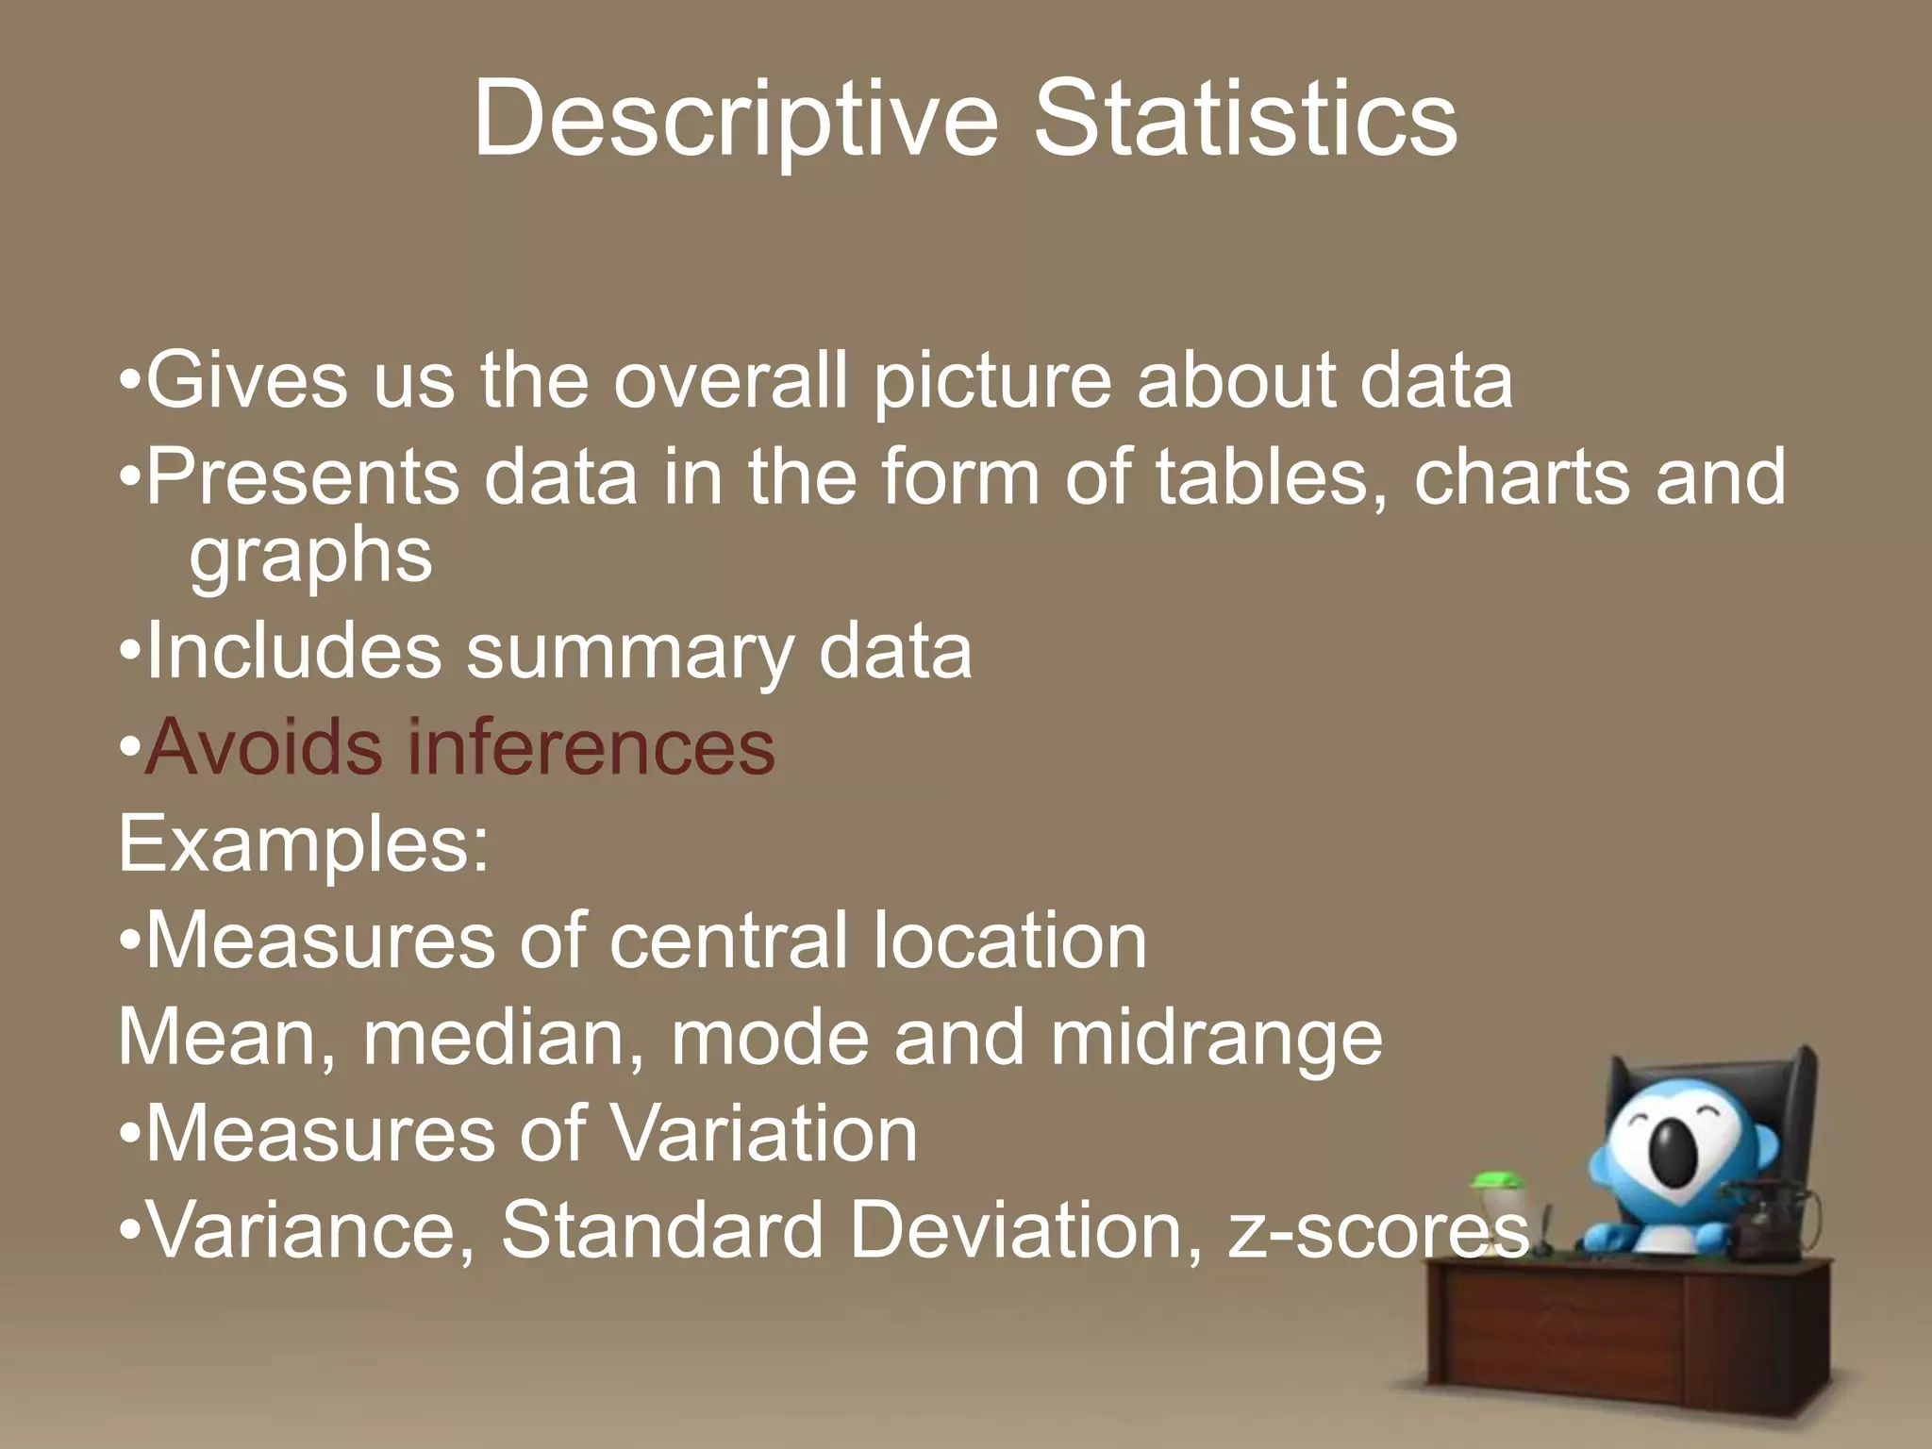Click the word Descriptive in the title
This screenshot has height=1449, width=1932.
tap(735, 121)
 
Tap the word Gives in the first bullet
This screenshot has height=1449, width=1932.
tap(247, 380)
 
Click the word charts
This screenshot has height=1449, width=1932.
tap(1521, 476)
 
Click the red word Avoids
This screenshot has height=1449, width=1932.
tap(263, 746)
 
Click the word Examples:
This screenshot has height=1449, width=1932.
tap(304, 845)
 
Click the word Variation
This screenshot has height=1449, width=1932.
tap(763, 1133)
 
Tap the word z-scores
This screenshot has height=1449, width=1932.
tap(1377, 1230)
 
